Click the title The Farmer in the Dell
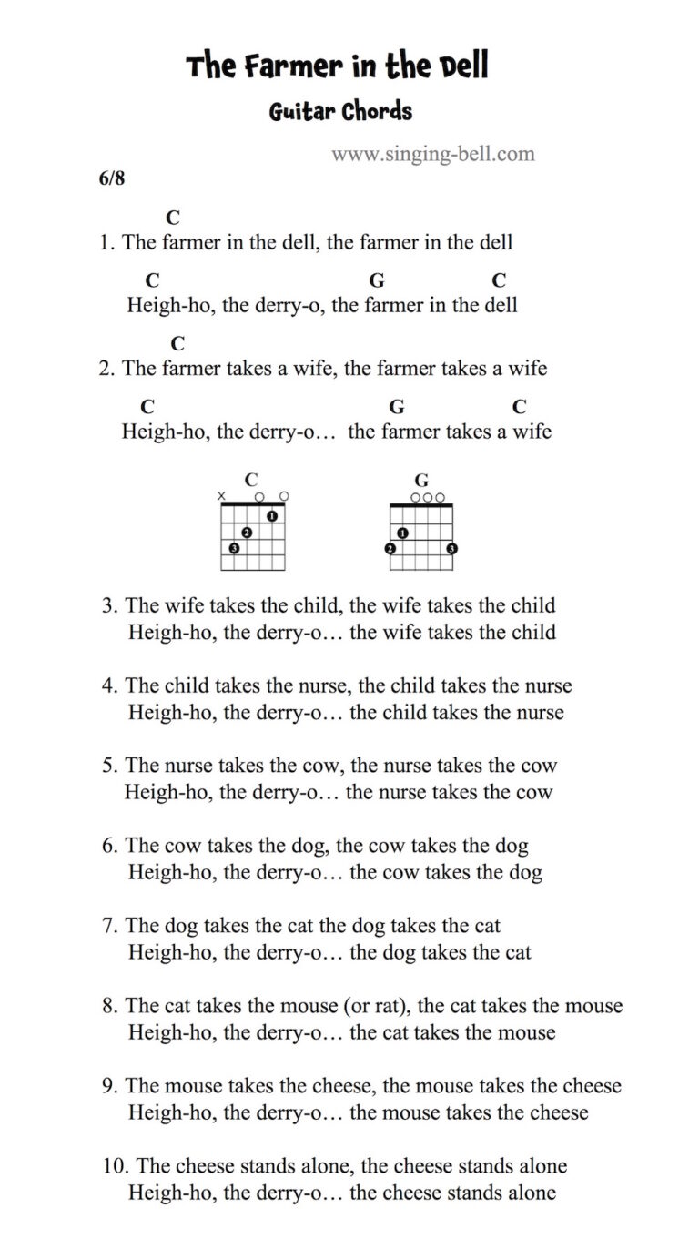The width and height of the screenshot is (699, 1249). pos(338,67)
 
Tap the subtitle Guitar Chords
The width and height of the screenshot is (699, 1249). pos(340,112)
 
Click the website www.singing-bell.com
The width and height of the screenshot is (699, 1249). pos(432,154)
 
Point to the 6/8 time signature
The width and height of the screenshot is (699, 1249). pos(112,178)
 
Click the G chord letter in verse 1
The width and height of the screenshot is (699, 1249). pos(376,280)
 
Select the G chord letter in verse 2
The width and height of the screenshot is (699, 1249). pos(397,406)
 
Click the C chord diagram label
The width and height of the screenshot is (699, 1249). pos(251,480)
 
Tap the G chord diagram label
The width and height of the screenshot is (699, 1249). pos(421,480)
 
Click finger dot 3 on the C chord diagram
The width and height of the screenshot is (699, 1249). pos(235,548)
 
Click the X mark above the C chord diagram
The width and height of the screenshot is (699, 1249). pos(222,496)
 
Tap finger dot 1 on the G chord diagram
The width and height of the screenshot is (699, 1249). pos(402,533)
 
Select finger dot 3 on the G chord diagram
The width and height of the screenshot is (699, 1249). pos(452,548)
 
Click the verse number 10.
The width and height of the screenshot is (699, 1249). pos(116,1166)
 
